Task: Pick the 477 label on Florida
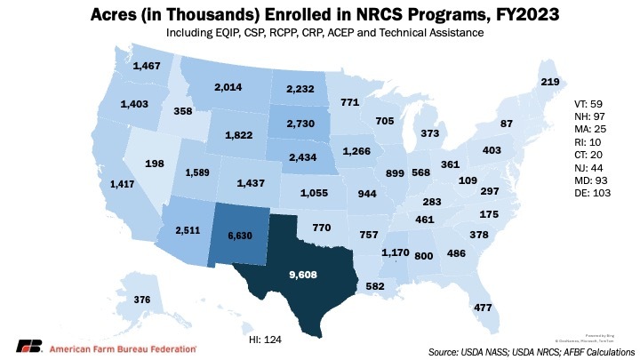tap(484, 308)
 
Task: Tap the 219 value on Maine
tap(549, 82)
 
